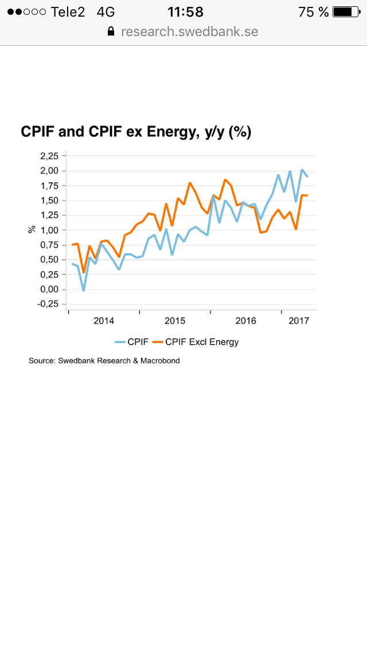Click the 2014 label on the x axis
click(104, 321)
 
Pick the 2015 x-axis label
click(175, 321)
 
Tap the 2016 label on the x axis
click(245, 321)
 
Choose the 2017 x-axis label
click(299, 321)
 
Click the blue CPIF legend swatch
click(120, 342)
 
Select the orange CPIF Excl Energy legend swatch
click(157, 342)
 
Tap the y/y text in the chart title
click(214, 132)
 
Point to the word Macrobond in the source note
click(160, 361)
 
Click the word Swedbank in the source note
click(76, 361)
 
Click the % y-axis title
click(32, 230)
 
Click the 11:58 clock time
click(185, 11)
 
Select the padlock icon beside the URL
click(111, 32)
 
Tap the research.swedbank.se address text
click(190, 32)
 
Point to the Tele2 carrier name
click(68, 11)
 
